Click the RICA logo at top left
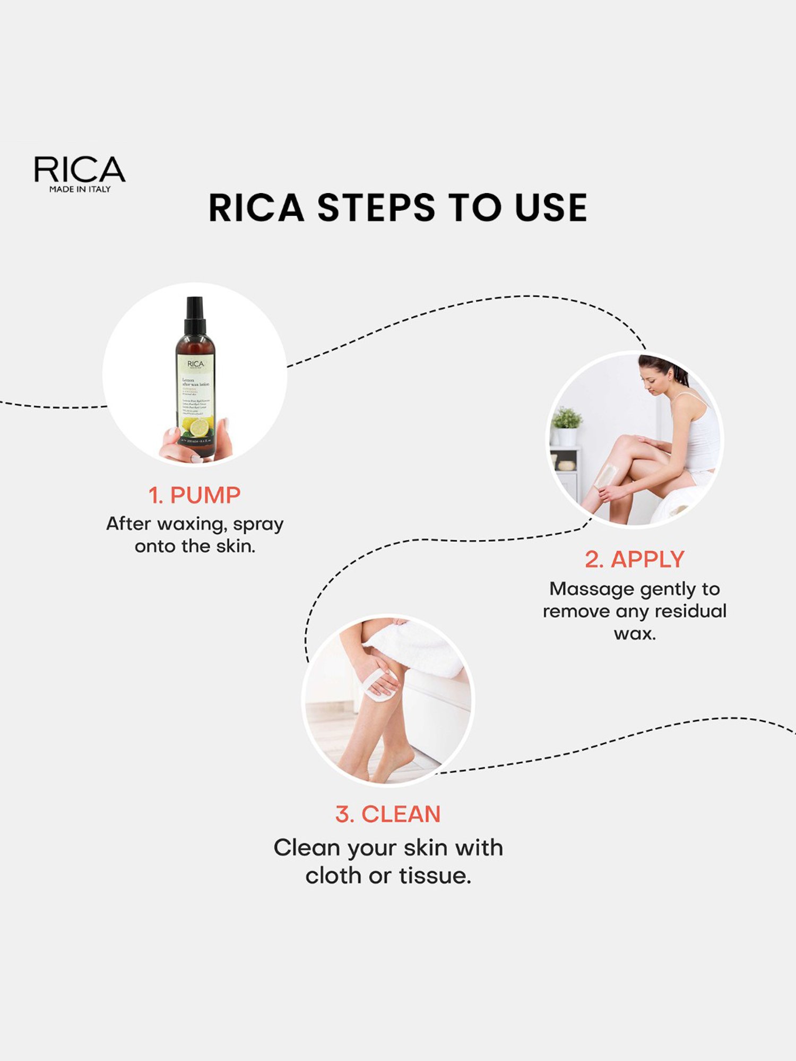pyautogui.click(x=80, y=170)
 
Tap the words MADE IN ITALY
pyautogui.click(x=80, y=189)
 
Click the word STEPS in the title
pyautogui.click(x=376, y=208)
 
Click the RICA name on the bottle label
pyautogui.click(x=195, y=364)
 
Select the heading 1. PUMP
pyautogui.click(x=194, y=495)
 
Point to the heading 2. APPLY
pyautogui.click(x=634, y=560)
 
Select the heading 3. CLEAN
pyautogui.click(x=388, y=814)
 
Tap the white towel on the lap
pyautogui.click(x=419, y=647)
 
